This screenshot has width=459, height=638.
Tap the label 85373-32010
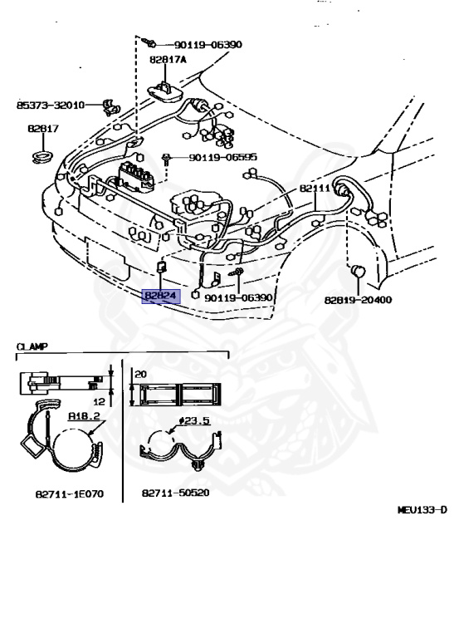coord(51,106)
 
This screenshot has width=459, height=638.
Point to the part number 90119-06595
coord(222,156)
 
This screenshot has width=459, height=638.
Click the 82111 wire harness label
coord(315,189)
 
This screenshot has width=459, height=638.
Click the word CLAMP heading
coord(32,345)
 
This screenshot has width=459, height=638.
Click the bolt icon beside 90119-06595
coord(168,157)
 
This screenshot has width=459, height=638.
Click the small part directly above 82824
coord(162,267)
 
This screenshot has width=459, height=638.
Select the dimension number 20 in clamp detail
coord(140,375)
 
